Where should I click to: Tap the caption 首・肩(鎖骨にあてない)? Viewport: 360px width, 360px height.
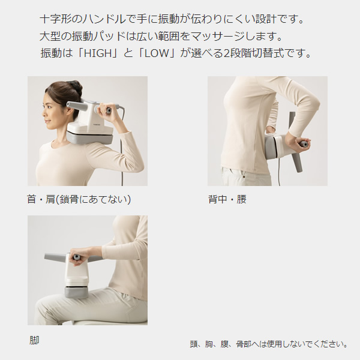click(x=79, y=199)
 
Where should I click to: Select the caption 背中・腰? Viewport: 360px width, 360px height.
click(x=227, y=199)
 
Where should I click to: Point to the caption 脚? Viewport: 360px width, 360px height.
click(x=34, y=340)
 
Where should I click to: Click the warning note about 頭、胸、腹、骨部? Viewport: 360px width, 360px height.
click(x=268, y=344)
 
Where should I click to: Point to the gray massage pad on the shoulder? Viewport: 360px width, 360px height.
click(x=90, y=140)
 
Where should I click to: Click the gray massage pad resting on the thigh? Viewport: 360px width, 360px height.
click(x=76, y=292)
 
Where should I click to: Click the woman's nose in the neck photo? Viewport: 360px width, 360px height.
click(x=44, y=114)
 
